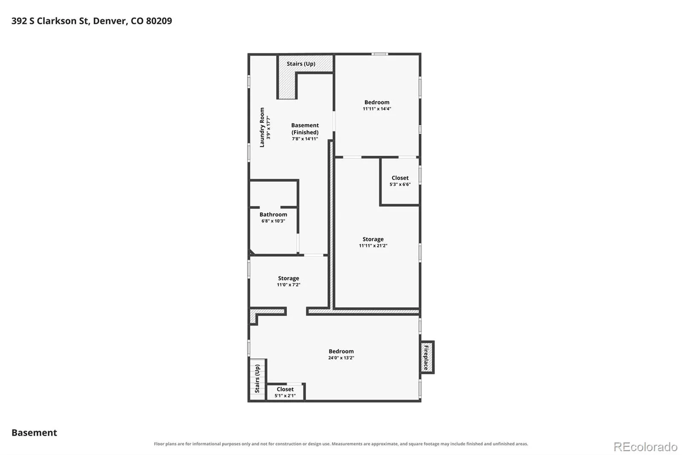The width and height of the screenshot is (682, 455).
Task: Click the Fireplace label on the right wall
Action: (426, 357)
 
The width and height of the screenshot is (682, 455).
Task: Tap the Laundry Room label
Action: (262, 127)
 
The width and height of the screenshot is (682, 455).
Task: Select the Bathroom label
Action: (273, 214)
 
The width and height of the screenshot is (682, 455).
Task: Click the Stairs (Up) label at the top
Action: (301, 64)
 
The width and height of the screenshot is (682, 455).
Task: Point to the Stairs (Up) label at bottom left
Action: (257, 379)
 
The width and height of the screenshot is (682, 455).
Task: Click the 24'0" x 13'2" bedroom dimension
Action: (341, 358)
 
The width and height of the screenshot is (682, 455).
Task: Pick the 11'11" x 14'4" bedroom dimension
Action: (377, 108)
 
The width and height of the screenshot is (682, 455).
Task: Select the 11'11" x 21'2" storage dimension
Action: (373, 245)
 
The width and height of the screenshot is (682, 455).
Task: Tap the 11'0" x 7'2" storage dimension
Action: (288, 285)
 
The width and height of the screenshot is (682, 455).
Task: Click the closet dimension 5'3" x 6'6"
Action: (400, 184)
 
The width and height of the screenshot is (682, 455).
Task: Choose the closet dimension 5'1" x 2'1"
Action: (285, 396)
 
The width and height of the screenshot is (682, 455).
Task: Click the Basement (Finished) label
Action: (305, 129)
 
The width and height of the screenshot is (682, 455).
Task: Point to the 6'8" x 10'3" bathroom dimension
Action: (273, 221)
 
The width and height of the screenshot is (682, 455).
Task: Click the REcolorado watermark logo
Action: (645, 447)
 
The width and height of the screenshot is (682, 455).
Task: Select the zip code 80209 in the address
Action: (159, 21)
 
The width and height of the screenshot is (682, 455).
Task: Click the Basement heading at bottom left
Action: (34, 432)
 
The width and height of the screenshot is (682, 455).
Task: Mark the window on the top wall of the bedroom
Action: (379, 54)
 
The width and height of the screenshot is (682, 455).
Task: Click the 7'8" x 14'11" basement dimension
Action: (305, 139)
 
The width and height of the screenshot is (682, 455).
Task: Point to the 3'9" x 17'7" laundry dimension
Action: (268, 127)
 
